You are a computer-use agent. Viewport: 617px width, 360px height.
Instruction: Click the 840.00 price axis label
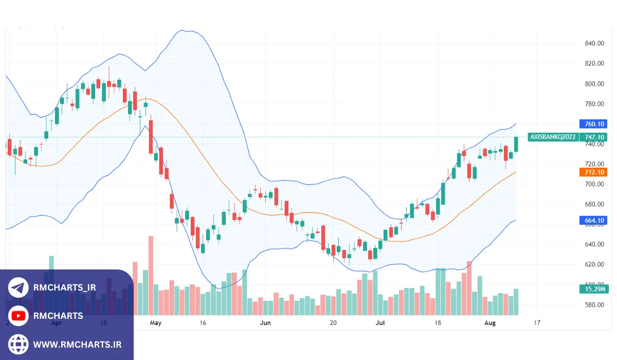pyautogui.click(x=594, y=43)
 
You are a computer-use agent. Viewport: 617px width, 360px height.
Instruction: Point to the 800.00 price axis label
pyautogui.click(x=594, y=84)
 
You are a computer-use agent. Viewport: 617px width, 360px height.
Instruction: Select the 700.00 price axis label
pyautogui.click(x=594, y=184)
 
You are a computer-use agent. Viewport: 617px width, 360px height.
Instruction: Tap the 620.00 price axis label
pyautogui.click(x=594, y=264)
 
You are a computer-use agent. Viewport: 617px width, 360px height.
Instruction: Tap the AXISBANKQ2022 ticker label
pyautogui.click(x=553, y=137)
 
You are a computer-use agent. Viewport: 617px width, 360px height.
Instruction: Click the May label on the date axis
pyautogui.click(x=155, y=323)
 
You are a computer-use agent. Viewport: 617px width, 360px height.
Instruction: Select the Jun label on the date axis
pyautogui.click(x=265, y=323)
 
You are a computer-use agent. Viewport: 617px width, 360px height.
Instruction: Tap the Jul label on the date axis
pyautogui.click(x=380, y=323)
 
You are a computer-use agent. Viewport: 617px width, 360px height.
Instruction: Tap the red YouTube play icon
pyautogui.click(x=19, y=316)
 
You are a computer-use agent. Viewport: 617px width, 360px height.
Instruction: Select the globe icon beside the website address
pyautogui.click(x=19, y=344)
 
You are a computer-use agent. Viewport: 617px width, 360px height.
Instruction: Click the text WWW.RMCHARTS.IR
pyautogui.click(x=78, y=344)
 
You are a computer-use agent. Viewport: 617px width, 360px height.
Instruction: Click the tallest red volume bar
pyautogui.click(x=151, y=275)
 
